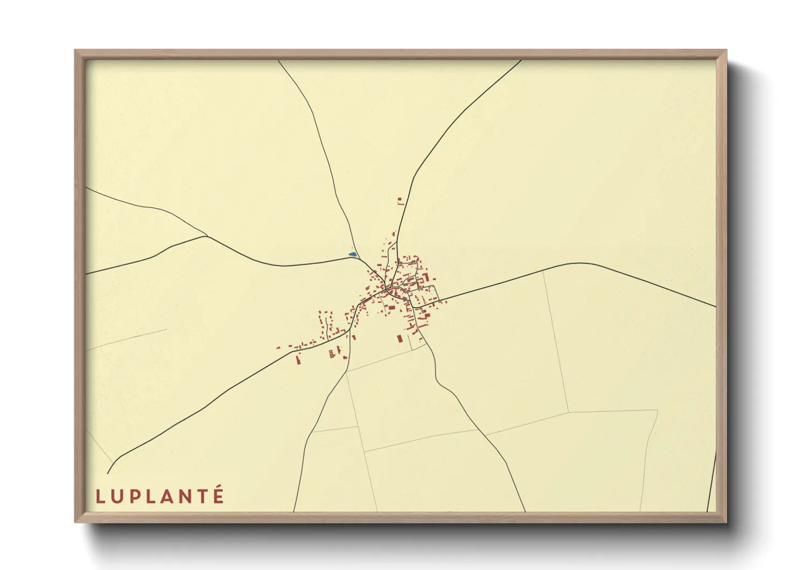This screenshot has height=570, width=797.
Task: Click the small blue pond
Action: pyautogui.click(x=352, y=254)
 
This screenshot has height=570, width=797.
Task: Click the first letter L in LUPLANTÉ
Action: pyautogui.click(x=100, y=496)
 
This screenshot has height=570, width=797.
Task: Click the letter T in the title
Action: pyautogui.click(x=202, y=496)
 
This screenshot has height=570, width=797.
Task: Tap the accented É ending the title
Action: pyautogui.click(x=218, y=495)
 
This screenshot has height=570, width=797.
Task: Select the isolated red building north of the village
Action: pyautogui.click(x=400, y=201)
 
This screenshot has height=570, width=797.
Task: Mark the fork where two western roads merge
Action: pyautogui.click(x=207, y=236)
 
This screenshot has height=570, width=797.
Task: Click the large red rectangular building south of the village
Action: pyautogui.click(x=400, y=338)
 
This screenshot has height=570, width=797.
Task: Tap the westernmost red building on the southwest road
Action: pyautogui.click(x=278, y=347)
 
